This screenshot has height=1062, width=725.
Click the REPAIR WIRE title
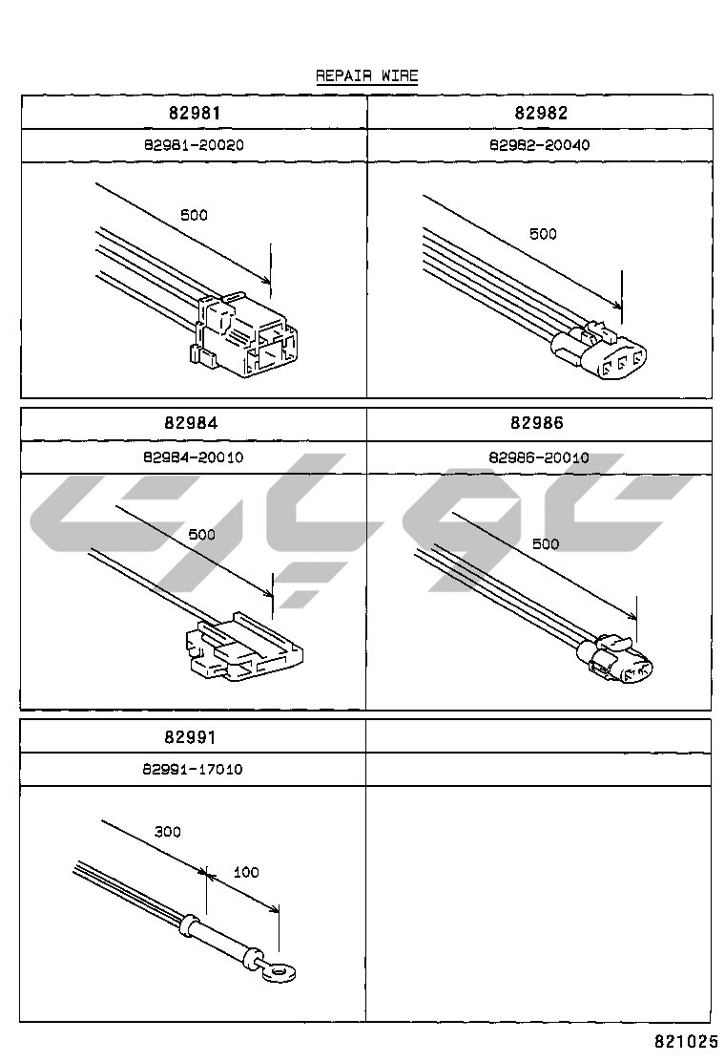[366, 75]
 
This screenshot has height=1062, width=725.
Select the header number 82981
[194, 112]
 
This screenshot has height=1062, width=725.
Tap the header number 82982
[541, 112]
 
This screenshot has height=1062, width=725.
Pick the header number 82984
[194, 423]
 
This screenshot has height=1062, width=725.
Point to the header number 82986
[537, 423]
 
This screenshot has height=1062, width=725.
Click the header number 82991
[192, 736]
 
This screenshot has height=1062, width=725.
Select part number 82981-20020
[194, 145]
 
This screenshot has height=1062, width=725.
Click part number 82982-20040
[540, 145]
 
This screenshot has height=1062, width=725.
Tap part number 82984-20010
[194, 457]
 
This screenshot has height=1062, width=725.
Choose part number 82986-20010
[539, 457]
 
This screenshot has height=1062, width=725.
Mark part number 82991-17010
[193, 769]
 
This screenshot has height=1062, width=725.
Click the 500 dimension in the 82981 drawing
[194, 215]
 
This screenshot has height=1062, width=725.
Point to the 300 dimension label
[168, 832]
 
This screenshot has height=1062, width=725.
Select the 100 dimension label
[246, 872]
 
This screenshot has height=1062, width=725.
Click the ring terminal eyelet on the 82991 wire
[279, 973]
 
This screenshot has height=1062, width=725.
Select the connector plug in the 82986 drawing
[620, 662]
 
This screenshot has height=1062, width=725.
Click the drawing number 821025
[685, 1039]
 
